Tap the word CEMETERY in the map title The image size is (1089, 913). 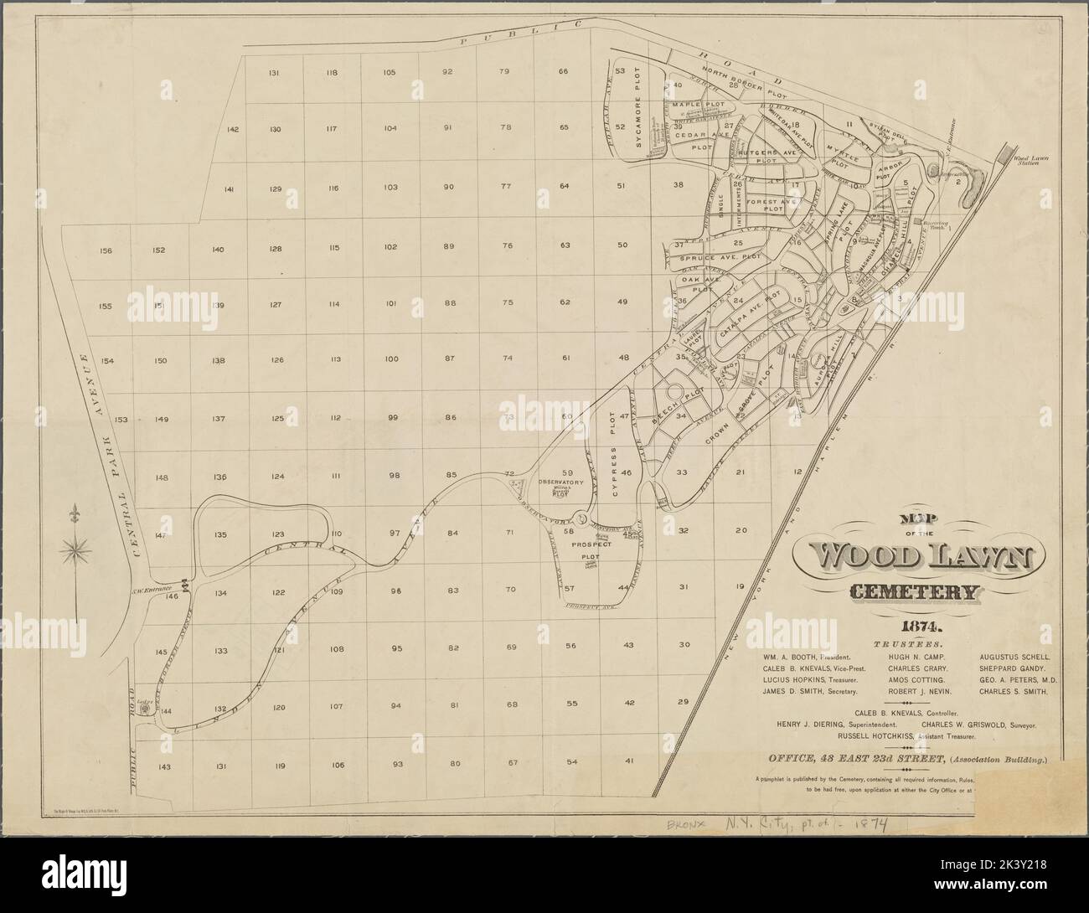click(x=912, y=593)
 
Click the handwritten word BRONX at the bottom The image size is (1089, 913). click(x=689, y=825)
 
